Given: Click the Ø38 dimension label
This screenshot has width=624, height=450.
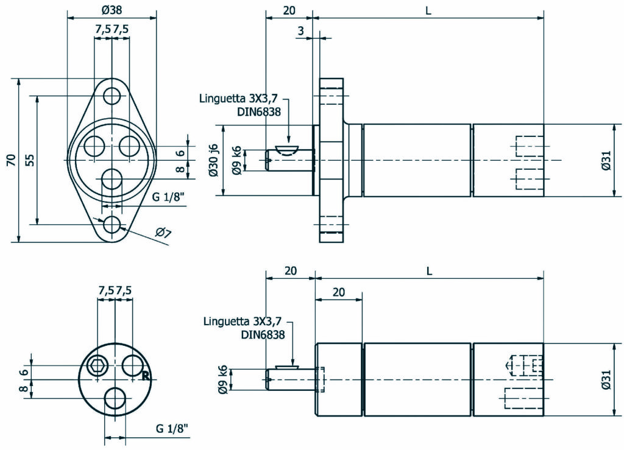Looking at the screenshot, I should click(x=112, y=10).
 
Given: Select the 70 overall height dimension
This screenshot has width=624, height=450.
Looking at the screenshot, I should click(x=10, y=160).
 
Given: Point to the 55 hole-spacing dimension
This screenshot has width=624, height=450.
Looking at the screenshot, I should click(x=30, y=160).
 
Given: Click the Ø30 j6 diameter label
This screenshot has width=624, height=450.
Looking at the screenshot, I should click(x=213, y=160).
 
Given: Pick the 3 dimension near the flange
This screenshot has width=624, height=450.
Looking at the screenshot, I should click(x=302, y=30).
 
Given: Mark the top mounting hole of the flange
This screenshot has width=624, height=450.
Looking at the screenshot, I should click(x=112, y=96).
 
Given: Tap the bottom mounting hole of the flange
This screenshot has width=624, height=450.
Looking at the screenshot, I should click(x=112, y=224).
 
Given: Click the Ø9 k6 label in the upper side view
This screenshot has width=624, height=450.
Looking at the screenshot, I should click(x=236, y=161).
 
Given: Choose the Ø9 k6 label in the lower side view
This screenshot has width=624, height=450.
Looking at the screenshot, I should click(x=223, y=379).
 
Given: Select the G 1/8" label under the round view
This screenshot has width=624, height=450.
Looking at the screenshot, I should click(x=171, y=429).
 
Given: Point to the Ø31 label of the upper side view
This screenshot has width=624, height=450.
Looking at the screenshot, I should click(x=606, y=160).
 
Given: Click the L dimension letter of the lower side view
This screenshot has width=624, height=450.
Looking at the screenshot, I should click(x=428, y=272).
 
